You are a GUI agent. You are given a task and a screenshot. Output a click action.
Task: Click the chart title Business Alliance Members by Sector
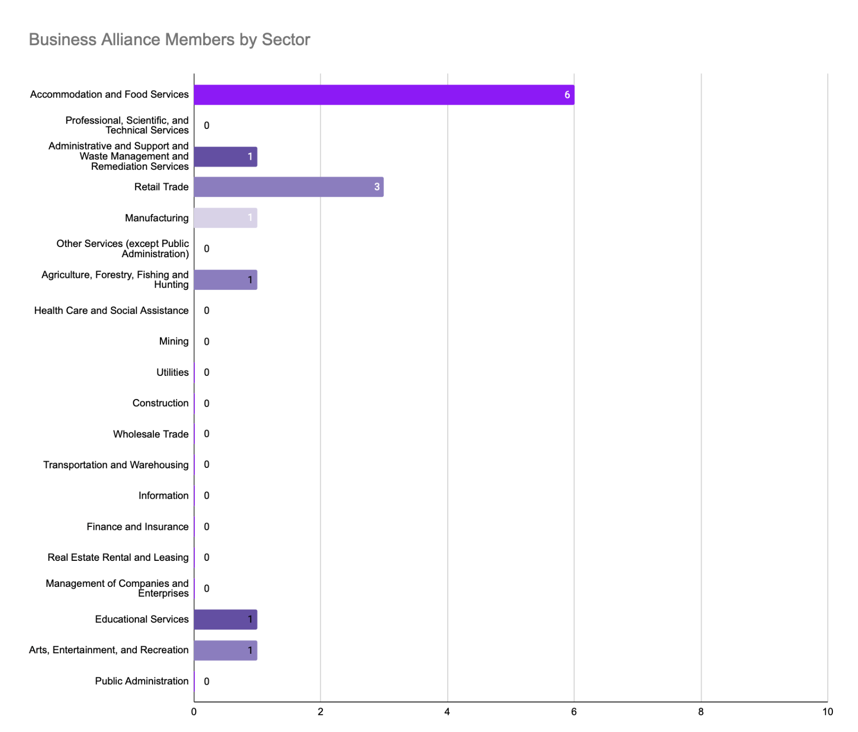coord(169,39)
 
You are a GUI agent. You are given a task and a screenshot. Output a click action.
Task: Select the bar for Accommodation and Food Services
coord(384,95)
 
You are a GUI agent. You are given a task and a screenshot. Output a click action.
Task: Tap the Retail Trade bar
coord(288,187)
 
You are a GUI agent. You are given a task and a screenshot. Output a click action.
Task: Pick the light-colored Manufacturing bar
coord(225,218)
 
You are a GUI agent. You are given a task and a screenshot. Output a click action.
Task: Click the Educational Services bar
coord(225,619)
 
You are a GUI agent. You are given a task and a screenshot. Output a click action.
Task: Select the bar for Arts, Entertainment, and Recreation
coord(225,650)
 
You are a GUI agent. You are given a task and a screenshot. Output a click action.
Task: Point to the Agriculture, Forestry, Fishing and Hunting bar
coord(225,280)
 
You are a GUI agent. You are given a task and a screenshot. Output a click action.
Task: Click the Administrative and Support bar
coord(225,157)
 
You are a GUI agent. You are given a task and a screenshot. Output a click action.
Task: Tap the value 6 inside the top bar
coord(567,95)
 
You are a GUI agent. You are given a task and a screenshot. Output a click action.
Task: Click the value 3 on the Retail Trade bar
coord(377,187)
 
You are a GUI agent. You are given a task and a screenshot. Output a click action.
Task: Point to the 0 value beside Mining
coord(207,341)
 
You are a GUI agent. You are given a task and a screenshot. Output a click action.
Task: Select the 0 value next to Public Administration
coord(207,681)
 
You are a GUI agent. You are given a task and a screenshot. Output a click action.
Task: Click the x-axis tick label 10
coord(827,712)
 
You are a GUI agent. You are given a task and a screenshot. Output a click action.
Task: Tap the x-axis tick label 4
coord(447,712)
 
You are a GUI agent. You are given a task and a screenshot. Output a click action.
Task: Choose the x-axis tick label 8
coord(701,712)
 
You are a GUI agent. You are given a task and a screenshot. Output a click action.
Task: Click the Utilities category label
coord(172,372)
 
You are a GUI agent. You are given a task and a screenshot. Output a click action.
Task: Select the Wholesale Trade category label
coord(151,434)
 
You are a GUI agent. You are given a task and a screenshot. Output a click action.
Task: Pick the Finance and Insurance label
coord(137,527)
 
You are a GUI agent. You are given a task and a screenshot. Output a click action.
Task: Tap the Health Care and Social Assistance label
coord(111,310)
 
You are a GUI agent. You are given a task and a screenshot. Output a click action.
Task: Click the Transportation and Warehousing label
coord(116,465)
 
